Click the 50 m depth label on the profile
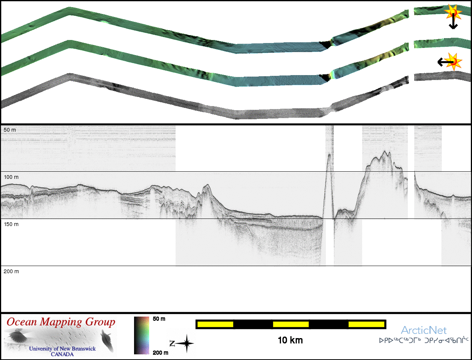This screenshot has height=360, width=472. click(10, 130)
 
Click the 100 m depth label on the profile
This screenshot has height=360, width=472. click(11, 177)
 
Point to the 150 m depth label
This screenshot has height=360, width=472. click(11, 224)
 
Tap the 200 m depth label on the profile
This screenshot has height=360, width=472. click(11, 271)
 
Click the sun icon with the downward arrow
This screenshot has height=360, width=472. click(453, 12)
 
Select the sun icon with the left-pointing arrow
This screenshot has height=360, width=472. click(453, 62)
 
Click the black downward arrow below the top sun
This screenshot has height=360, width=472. click(453, 21)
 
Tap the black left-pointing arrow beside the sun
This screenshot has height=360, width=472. click(445, 62)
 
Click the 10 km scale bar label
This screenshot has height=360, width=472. click(290, 340)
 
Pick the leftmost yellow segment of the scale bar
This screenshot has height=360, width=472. click(215, 325)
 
